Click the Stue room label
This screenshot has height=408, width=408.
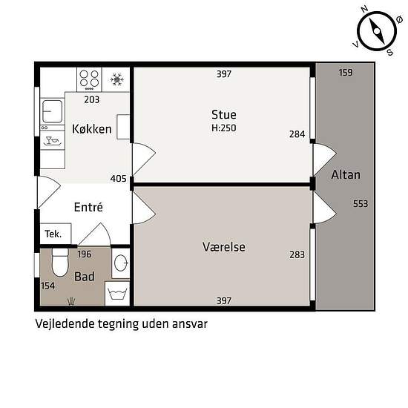pos(224,115)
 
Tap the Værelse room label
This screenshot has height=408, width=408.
pos(224,247)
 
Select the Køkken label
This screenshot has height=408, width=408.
pos(92,129)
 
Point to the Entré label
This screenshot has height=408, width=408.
pos(88,207)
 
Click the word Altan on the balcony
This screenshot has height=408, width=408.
pos(346,174)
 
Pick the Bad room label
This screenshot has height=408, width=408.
pos(85,277)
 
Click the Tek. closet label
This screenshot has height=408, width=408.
pos(53,234)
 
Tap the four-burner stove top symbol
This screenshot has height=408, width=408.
pos(89,79)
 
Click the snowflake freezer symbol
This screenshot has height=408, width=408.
pos(116,79)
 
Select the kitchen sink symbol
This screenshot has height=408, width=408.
pos(53,111)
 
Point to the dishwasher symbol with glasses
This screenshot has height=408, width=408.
pos(52,140)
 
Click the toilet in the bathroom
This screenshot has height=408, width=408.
pos(60,263)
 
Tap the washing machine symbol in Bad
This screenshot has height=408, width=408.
pos(118,294)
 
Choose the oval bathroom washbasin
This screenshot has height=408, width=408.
pos(121,263)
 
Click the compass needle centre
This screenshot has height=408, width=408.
pos(377,31)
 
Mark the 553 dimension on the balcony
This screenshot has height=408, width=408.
pos(361,203)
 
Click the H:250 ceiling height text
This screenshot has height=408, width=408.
pos(224,128)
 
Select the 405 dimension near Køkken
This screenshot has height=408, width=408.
pos(119,179)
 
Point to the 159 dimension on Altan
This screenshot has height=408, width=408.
pos(346,73)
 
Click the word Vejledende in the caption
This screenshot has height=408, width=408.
pos(65,324)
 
